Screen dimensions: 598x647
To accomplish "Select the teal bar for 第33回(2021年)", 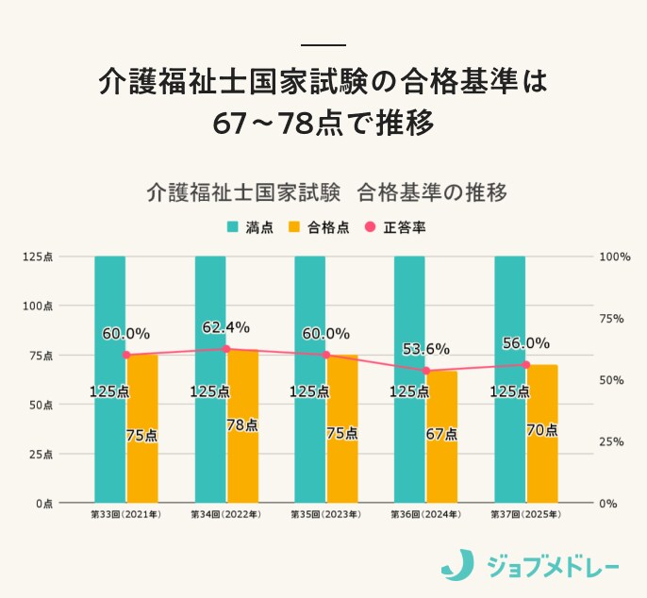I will point(110,377).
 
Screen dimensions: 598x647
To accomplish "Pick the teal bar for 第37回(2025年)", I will point(510,377).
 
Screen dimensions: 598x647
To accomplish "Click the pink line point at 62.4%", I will point(226,349).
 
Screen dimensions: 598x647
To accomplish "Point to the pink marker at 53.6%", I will point(426,371).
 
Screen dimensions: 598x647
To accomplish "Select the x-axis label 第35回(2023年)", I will point(325,515).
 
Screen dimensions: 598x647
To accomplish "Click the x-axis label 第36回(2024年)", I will point(426,515).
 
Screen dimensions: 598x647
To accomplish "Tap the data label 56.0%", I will point(526,343).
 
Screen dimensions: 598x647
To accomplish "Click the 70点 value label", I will point(542,429).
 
